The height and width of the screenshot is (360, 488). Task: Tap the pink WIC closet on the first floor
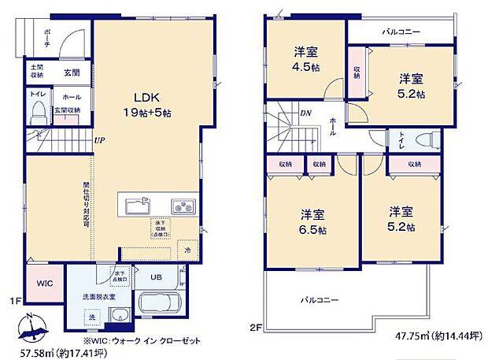pos(43,283)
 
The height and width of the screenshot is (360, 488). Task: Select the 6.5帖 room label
pos(312,220)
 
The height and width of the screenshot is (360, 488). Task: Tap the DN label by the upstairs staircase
pos(305,113)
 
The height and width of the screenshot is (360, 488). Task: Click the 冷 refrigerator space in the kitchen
pos(187,250)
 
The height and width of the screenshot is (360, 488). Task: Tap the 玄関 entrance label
pos(69,72)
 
